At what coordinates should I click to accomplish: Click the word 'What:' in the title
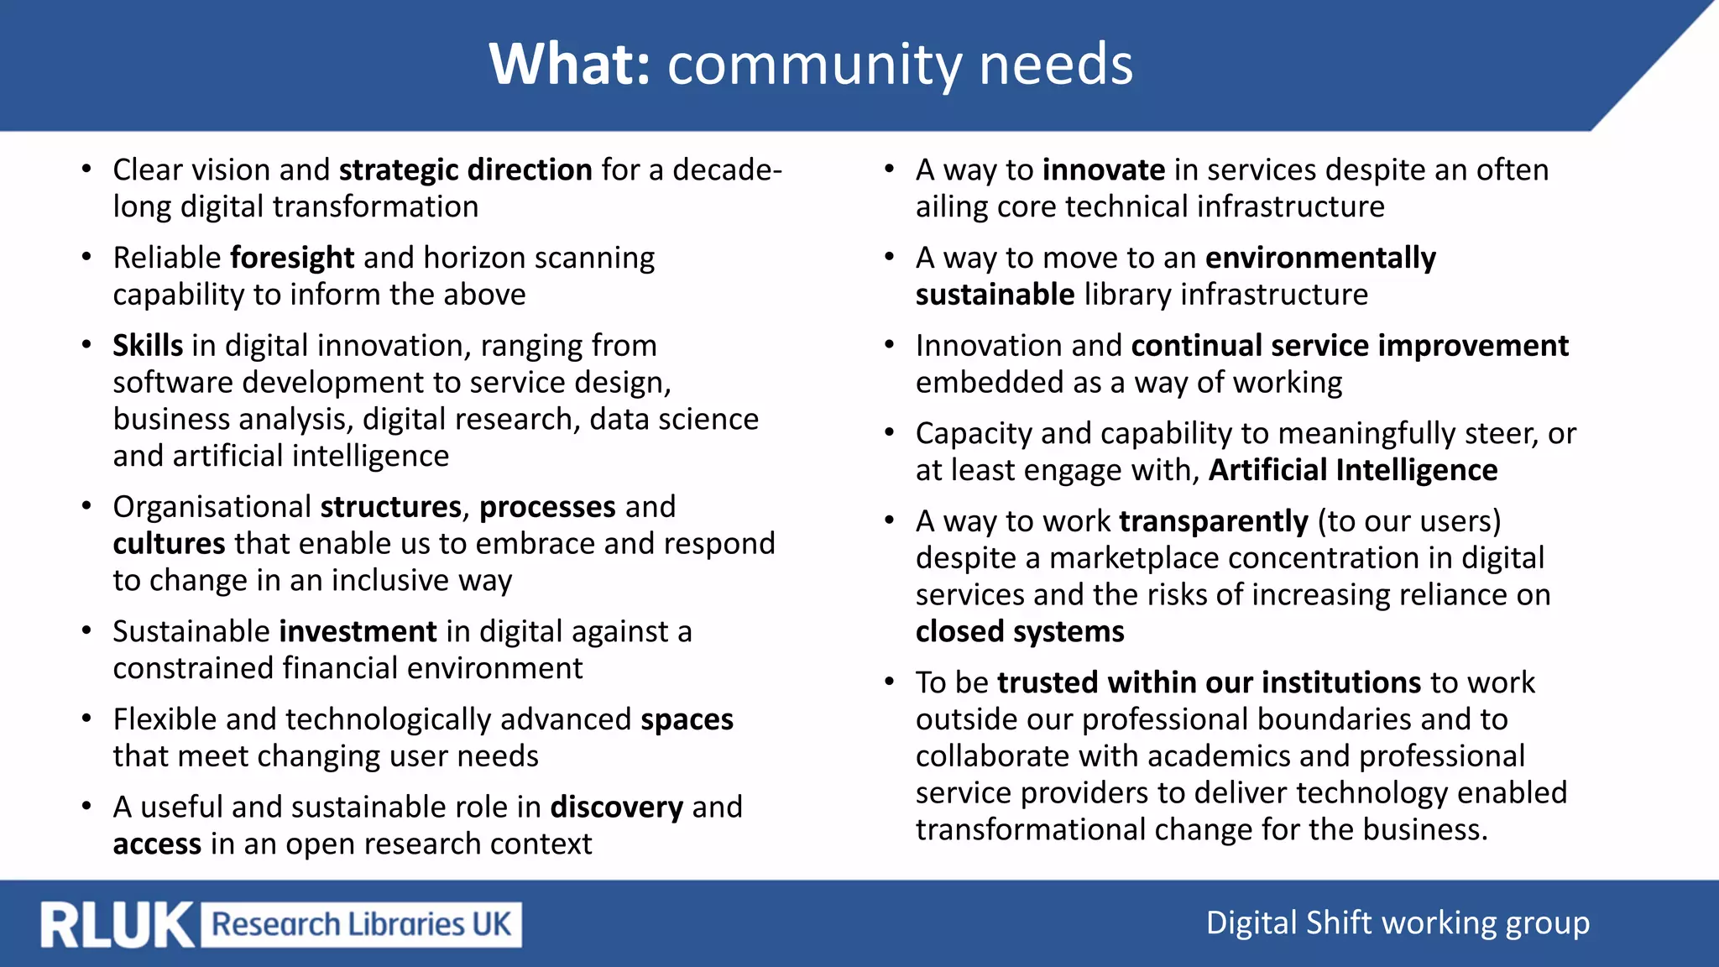pyautogui.click(x=570, y=65)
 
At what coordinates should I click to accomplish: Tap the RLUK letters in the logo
pyautogui.click(x=117, y=925)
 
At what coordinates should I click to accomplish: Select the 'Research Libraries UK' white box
pyautogui.click(x=362, y=924)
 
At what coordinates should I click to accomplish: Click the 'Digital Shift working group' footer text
pyautogui.click(x=1398, y=923)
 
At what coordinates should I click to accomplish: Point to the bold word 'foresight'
pyautogui.click(x=292, y=258)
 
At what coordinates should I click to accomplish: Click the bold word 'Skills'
pyautogui.click(x=148, y=346)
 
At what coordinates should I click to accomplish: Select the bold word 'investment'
pyautogui.click(x=358, y=631)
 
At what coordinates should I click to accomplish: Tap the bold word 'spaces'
pyautogui.click(x=687, y=719)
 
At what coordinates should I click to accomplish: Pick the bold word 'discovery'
pyautogui.click(x=616, y=808)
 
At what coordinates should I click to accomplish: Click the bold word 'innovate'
pyautogui.click(x=1104, y=170)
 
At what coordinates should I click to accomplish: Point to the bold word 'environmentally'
pyautogui.click(x=1320, y=258)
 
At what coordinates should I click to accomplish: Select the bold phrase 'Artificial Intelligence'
pyautogui.click(x=1353, y=470)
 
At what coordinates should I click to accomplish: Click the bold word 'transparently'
pyautogui.click(x=1214, y=521)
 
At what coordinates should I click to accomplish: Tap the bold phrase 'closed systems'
pyautogui.click(x=1020, y=631)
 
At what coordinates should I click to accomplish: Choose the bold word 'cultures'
pyautogui.click(x=169, y=544)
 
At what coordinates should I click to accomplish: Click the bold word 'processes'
pyautogui.click(x=547, y=507)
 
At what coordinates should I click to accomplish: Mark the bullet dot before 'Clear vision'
pyautogui.click(x=86, y=169)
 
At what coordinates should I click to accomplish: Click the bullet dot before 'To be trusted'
pyautogui.click(x=889, y=682)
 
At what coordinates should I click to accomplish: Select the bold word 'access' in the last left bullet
pyautogui.click(x=157, y=844)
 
